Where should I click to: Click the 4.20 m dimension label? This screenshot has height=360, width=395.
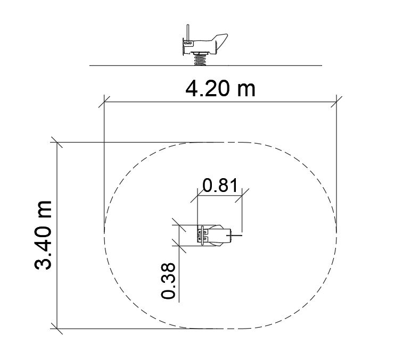point(220,89)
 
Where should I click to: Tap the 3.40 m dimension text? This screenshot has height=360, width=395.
point(43,235)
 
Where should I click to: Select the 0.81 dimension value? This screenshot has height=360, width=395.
point(220,186)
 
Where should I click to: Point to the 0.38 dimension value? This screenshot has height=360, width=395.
point(168,281)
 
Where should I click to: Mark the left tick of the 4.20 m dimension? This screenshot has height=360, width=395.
point(104,102)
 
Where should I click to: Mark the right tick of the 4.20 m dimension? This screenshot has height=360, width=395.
point(336,102)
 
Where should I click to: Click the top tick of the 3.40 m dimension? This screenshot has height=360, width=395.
point(57,143)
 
